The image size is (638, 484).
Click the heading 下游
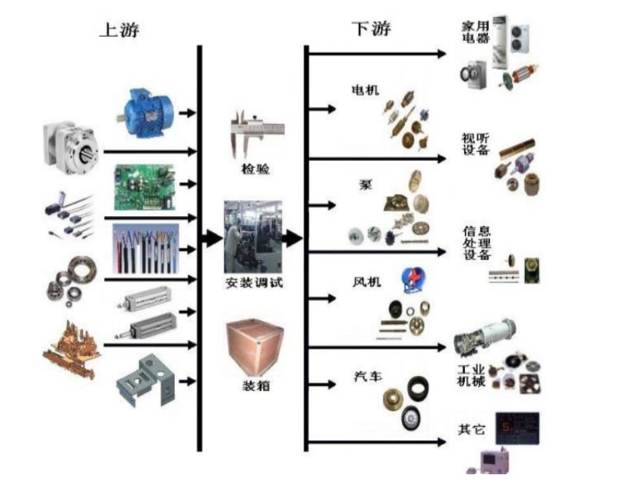370,29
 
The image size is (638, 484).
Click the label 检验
254,168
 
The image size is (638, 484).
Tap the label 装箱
254,387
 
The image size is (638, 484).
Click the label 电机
365,91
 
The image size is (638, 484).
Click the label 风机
366,282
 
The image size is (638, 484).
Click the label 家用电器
476,32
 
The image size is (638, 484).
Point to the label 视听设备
475,143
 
